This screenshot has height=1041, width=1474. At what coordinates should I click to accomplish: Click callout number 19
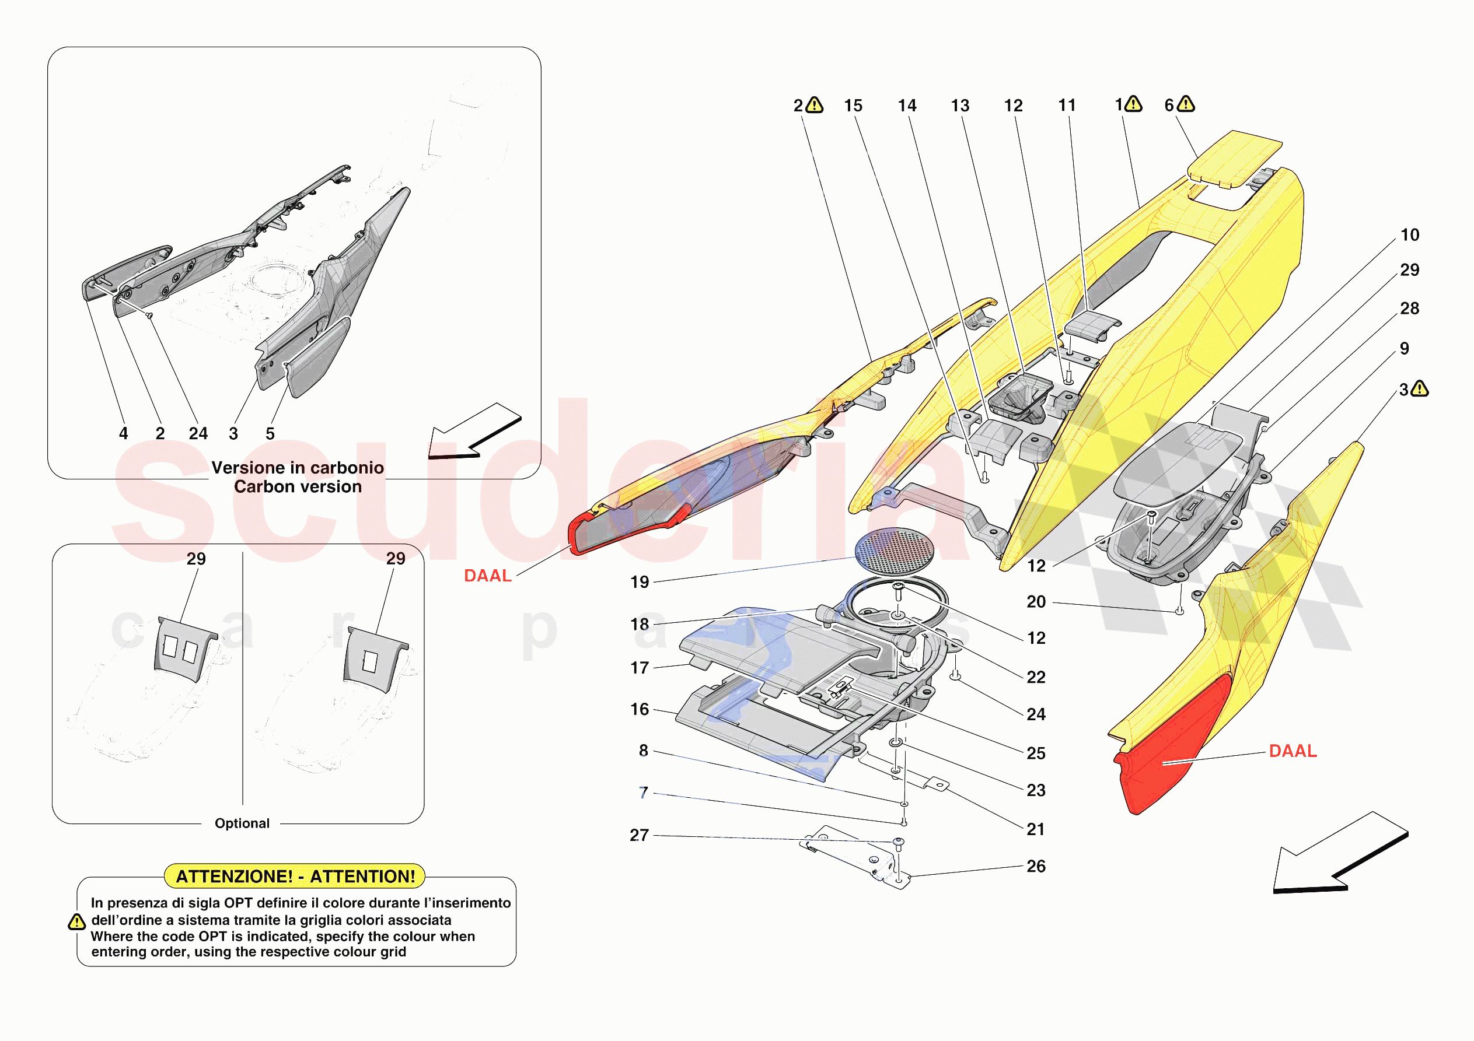(x=640, y=582)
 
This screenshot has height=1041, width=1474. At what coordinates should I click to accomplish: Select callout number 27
(x=639, y=835)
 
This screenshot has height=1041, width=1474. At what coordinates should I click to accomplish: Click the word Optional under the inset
(x=242, y=823)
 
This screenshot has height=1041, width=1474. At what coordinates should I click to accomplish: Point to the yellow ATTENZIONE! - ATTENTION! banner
(x=295, y=876)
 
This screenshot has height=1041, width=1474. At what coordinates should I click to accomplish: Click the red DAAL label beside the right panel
(x=1293, y=751)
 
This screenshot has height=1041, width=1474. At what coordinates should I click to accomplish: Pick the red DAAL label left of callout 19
(x=487, y=576)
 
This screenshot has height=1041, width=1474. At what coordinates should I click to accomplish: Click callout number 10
(x=1410, y=235)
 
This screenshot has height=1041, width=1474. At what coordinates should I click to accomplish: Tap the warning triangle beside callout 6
(x=1186, y=104)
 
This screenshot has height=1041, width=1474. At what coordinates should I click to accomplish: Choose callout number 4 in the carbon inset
(x=123, y=434)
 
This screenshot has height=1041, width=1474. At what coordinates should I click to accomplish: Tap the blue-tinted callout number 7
(x=643, y=793)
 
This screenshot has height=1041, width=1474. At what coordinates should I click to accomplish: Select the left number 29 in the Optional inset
(x=196, y=559)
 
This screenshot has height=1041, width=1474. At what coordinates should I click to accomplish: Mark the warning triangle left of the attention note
(x=76, y=922)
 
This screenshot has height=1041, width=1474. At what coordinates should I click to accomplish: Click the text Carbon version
(x=297, y=487)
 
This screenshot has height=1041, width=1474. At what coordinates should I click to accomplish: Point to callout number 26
(x=1036, y=867)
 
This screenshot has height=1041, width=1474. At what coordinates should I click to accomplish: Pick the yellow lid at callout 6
(x=1232, y=157)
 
